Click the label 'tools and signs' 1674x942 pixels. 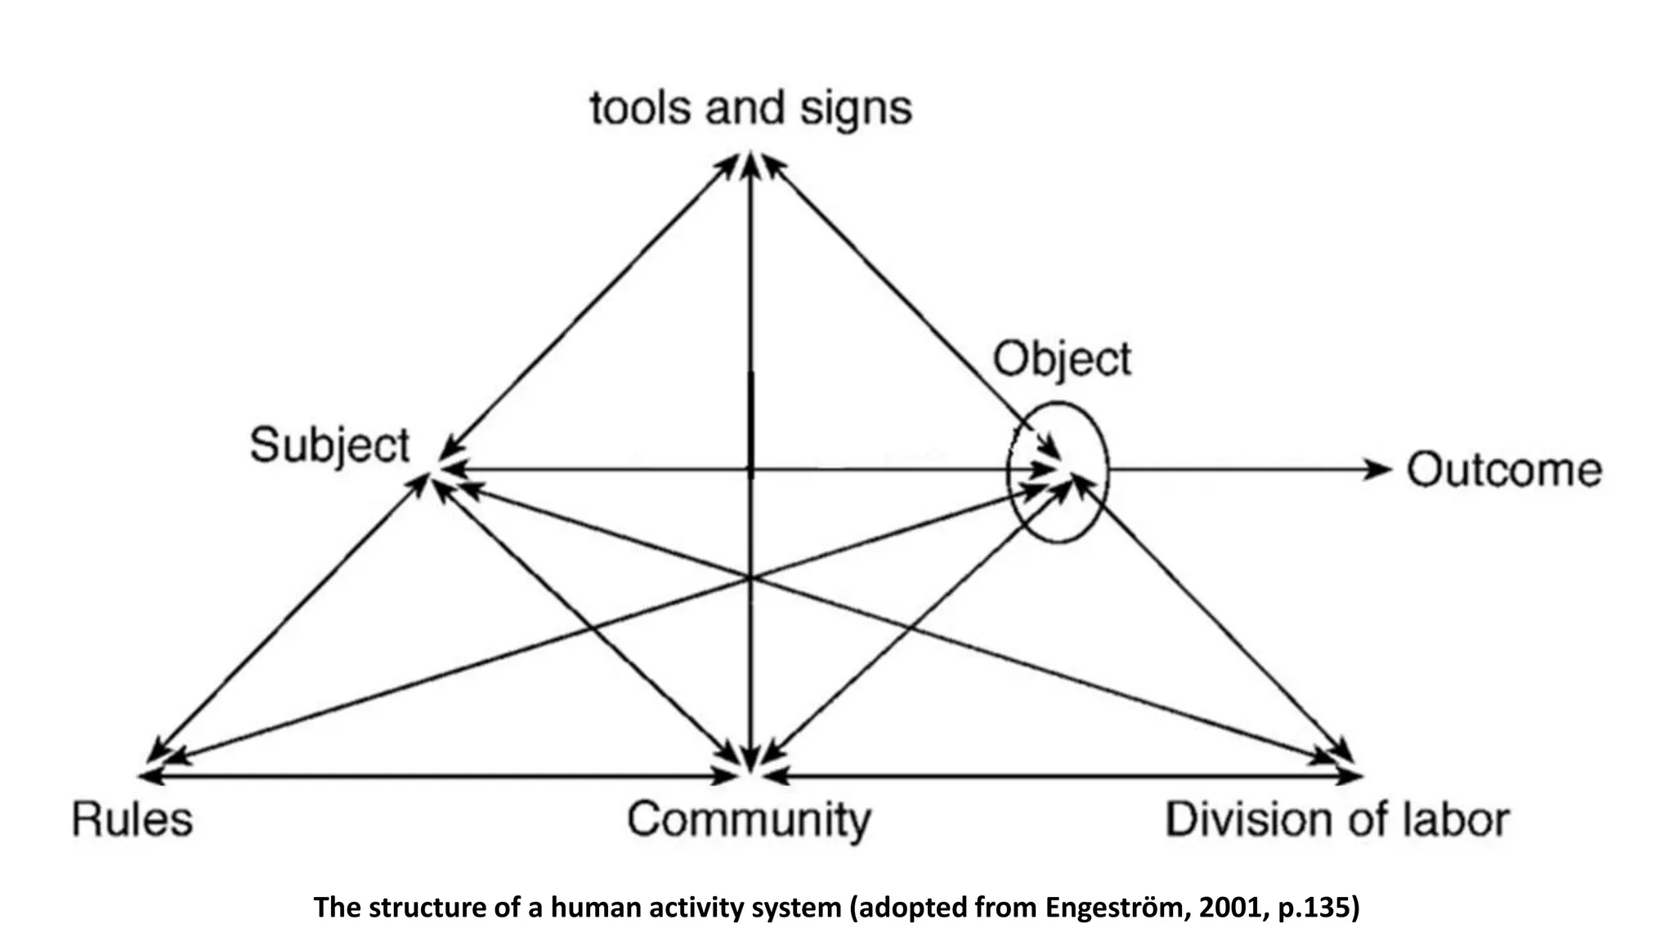[x=750, y=109]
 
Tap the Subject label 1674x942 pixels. [x=329, y=446]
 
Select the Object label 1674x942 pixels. [x=1062, y=360]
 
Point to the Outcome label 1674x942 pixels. [x=1504, y=470]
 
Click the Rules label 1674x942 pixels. [x=132, y=819]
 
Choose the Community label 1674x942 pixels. [x=749, y=820]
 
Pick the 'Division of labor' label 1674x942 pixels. [x=1337, y=820]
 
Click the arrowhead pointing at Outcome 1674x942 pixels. [x=1380, y=469]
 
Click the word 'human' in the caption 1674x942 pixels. [x=589, y=908]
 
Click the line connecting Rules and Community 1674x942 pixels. [x=441, y=775]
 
